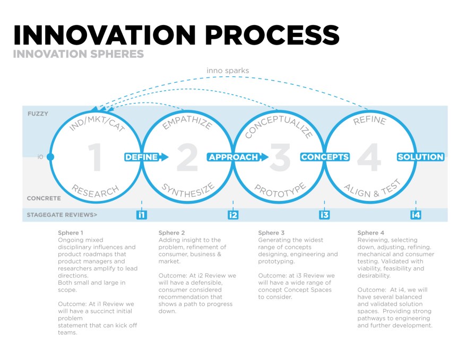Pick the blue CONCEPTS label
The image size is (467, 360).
click(x=325, y=157)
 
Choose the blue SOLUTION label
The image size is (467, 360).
click(x=420, y=157)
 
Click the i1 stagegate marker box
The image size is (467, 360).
click(x=141, y=215)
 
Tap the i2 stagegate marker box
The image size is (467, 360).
click(x=233, y=215)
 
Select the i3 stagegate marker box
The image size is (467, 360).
click(x=324, y=215)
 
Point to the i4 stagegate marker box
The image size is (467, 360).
click(x=416, y=215)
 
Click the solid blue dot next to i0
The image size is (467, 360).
click(x=50, y=157)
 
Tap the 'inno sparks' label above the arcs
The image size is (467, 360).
click(x=228, y=71)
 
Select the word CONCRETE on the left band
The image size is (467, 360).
click(x=44, y=198)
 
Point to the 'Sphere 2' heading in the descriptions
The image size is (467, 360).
click(x=172, y=233)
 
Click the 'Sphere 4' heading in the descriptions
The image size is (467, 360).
click(x=371, y=233)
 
